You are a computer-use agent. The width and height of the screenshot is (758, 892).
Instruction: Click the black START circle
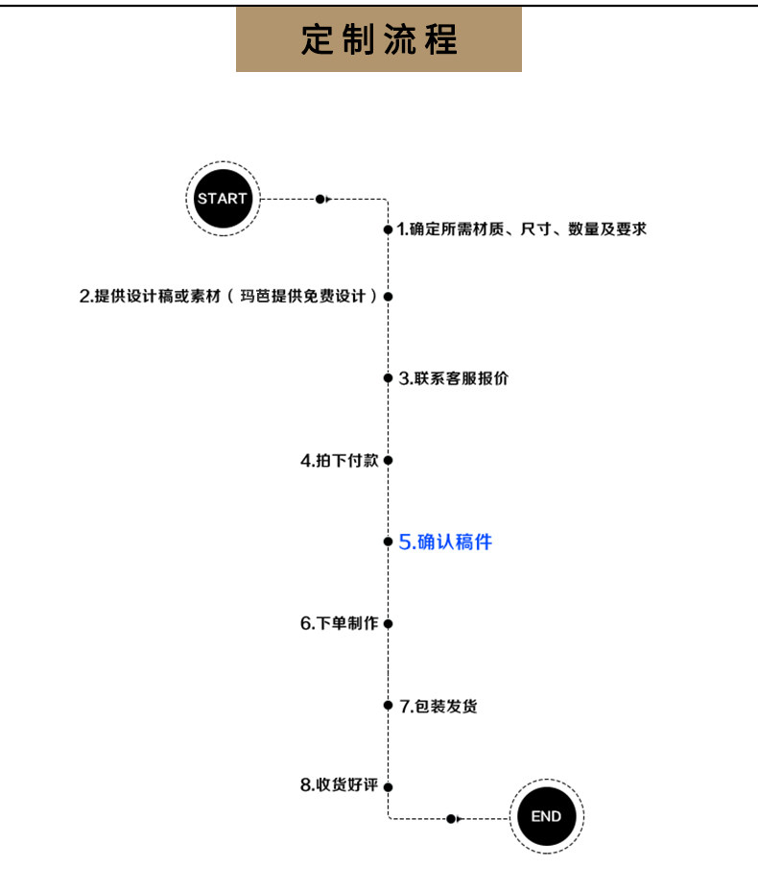pos(222,199)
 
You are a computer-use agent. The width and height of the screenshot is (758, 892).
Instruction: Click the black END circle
pos(546,817)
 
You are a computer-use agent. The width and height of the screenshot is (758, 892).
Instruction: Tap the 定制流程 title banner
pos(379,39)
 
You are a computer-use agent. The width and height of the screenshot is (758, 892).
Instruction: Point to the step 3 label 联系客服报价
pos(454,378)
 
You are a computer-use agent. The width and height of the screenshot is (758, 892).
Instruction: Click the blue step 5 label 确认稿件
pos(445,542)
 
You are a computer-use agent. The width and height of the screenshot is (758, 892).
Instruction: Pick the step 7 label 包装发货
pos(438,707)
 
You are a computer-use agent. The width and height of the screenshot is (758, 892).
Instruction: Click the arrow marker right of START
pos(321,199)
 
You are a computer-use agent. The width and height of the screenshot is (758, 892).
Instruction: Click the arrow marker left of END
pos(453,818)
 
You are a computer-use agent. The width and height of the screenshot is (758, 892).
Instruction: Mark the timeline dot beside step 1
pos(388,229)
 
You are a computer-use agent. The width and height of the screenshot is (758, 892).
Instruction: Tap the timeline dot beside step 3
pos(388,378)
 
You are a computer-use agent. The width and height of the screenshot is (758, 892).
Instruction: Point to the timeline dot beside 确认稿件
pos(388,542)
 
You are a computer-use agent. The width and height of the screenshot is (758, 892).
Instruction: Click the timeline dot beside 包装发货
pos(388,707)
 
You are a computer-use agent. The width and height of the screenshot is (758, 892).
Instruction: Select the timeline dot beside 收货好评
pos(388,786)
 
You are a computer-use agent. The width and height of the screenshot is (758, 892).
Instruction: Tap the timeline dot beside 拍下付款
pos(388,461)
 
